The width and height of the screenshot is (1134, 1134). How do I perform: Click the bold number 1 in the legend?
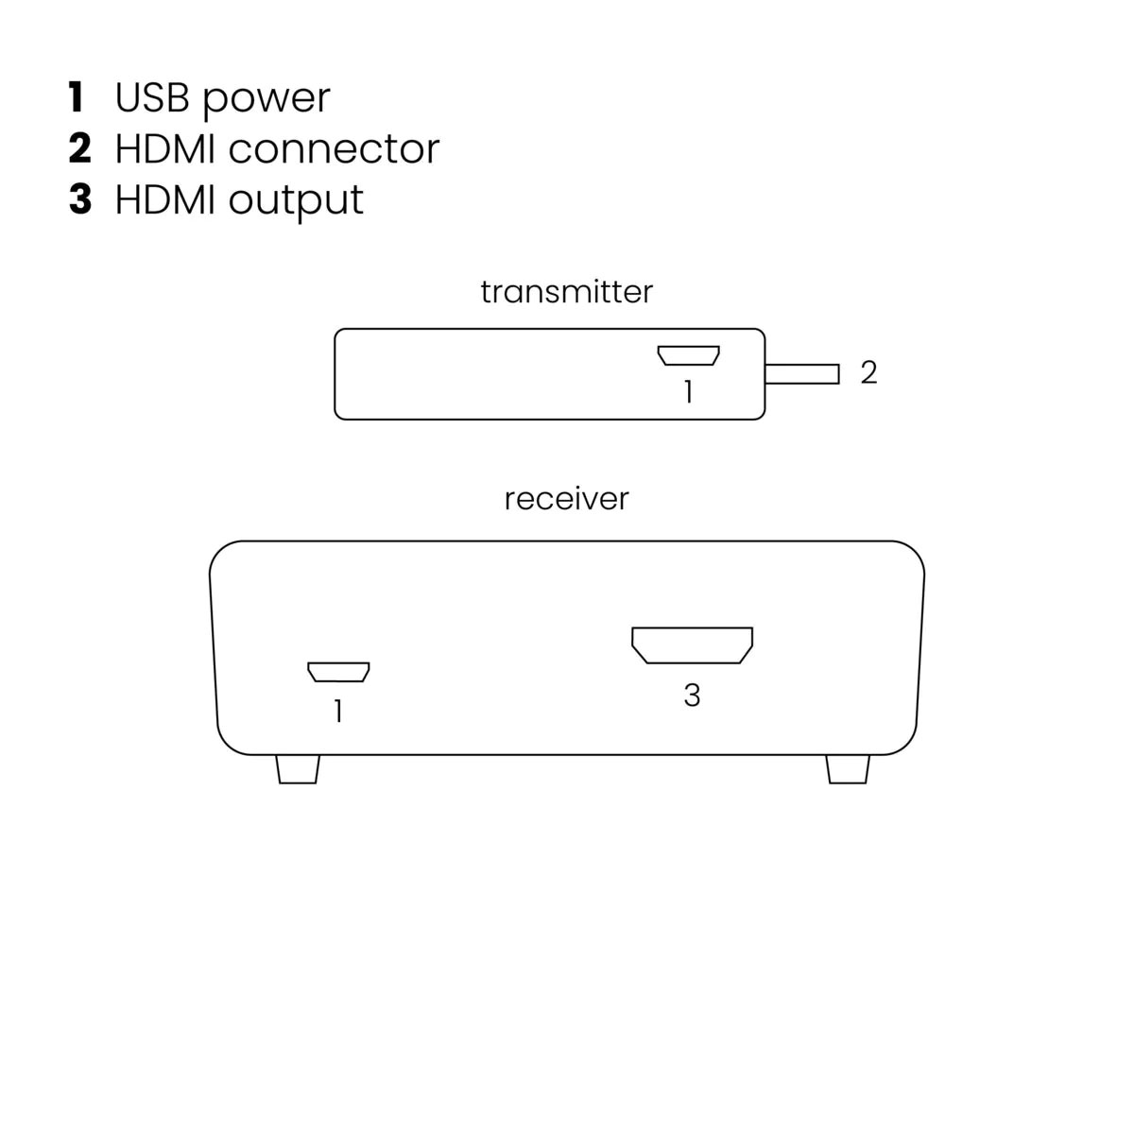point(76,97)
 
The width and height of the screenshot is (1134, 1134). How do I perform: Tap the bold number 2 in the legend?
point(80,148)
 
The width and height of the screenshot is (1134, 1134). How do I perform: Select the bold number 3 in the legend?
point(80,199)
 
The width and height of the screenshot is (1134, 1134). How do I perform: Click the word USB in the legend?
point(152,97)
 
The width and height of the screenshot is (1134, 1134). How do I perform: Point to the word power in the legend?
point(266,100)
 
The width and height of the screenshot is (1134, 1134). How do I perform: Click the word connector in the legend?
point(334,149)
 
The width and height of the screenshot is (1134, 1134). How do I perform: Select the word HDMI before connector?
point(164,148)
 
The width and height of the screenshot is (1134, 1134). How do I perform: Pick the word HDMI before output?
point(164,199)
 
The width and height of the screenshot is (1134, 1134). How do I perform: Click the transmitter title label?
point(566,291)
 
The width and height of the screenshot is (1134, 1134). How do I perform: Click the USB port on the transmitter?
point(688,355)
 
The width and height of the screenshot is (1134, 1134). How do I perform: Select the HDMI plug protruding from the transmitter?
point(801,373)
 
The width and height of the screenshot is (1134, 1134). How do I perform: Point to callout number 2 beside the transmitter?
point(868,372)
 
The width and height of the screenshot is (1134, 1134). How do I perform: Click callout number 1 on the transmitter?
point(688,391)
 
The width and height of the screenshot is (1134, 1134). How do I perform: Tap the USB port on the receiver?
point(338,672)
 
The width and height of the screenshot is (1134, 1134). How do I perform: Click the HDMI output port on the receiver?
point(692,645)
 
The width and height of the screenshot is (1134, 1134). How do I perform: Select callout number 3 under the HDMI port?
point(692,695)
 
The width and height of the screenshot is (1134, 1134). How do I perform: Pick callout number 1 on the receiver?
point(337,711)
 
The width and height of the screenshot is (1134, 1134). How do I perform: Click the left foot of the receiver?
point(298,770)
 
